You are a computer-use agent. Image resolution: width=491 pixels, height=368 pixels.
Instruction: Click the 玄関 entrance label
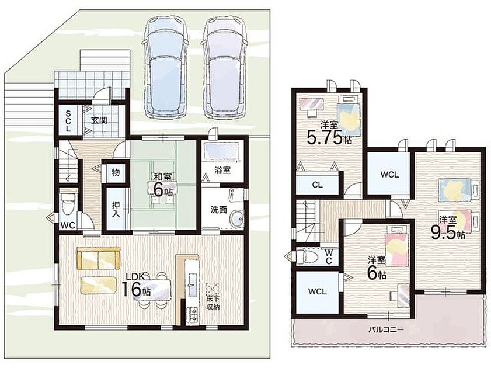(99, 120)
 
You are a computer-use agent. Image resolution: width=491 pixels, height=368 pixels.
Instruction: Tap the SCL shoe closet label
(68, 120)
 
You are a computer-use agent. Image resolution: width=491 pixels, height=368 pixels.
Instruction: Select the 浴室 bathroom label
(222, 170)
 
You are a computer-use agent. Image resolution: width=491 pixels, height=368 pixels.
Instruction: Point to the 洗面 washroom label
(218, 209)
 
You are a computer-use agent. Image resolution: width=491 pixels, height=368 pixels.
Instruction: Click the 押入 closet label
(116, 209)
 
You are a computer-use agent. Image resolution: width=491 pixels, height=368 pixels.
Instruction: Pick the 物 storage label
(116, 172)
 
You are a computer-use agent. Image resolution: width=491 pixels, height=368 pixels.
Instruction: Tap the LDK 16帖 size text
(135, 285)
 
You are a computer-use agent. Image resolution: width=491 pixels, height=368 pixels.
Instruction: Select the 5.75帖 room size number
(329, 137)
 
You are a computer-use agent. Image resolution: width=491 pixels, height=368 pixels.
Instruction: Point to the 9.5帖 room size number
(448, 232)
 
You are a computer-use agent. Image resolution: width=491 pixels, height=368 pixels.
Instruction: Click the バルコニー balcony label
(386, 329)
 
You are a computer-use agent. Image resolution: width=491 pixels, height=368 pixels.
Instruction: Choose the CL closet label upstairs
(317, 185)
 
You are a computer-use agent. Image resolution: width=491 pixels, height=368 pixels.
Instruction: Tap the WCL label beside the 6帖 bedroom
(318, 291)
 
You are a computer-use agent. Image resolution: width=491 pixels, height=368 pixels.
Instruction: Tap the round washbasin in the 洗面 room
(236, 219)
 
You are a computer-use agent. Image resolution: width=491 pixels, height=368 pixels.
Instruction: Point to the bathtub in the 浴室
(222, 153)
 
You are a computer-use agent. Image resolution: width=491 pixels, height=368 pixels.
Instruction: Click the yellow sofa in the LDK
(99, 258)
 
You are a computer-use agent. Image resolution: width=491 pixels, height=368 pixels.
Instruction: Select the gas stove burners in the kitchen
(192, 314)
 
